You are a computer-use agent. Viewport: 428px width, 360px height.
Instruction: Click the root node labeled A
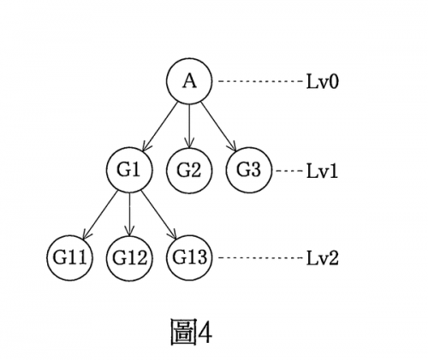(189, 81)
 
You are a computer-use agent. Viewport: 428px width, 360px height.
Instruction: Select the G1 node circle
(129, 170)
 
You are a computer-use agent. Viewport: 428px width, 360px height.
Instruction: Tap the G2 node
(189, 170)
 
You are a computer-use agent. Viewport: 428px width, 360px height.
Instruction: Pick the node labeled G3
(249, 170)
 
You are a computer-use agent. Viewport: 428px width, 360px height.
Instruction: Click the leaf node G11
(69, 258)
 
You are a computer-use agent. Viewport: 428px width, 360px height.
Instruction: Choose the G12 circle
(129, 258)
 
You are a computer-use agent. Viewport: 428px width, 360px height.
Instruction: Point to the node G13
(189, 258)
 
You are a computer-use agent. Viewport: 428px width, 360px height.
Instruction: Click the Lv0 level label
(322, 81)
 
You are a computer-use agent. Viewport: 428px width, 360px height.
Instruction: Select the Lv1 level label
(322, 171)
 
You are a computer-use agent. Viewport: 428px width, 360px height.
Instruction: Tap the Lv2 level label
(322, 258)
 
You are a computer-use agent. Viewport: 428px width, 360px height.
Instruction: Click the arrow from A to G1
(160, 126)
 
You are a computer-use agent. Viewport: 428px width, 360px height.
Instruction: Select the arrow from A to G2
(189, 126)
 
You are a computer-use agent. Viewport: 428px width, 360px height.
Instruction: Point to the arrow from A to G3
(218, 126)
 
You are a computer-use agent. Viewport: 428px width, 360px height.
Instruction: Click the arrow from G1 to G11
(100, 215)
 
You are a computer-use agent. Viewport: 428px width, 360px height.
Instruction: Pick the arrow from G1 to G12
(129, 215)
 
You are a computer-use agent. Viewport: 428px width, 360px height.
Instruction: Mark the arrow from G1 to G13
(158, 215)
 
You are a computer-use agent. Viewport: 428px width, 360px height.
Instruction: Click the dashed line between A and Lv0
(259, 81)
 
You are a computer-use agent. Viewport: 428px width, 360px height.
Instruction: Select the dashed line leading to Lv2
(259, 258)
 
